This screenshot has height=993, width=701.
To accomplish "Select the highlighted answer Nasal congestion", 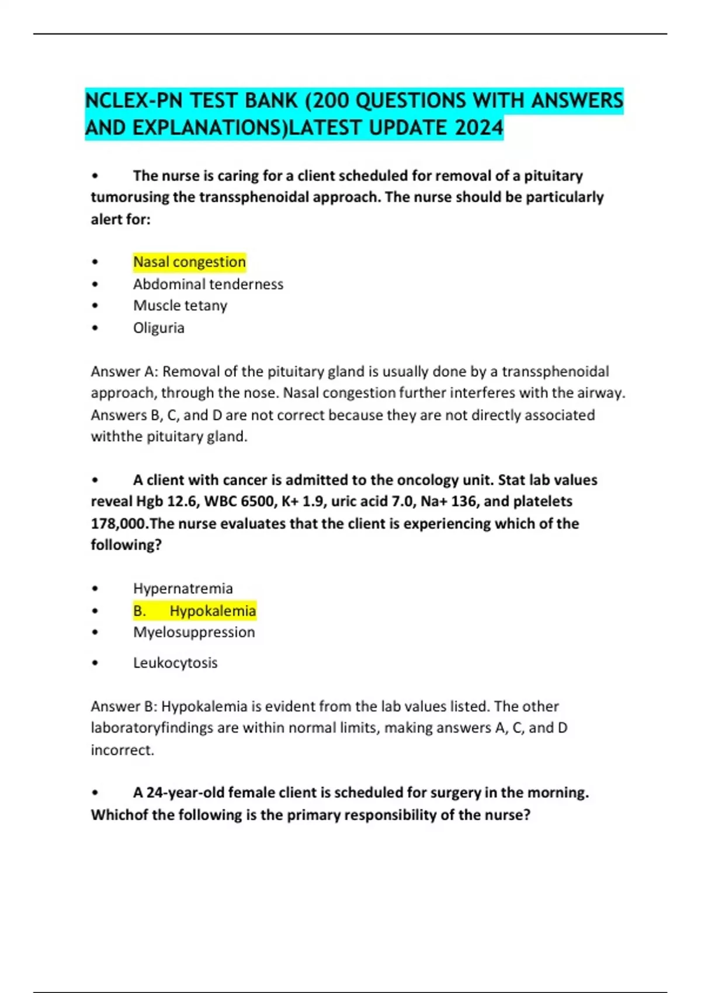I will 189,262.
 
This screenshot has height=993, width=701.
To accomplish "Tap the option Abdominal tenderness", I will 208,284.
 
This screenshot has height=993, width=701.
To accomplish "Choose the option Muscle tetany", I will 180,305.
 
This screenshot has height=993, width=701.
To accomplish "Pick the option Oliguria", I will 159,328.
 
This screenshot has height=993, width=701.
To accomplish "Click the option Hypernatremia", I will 183,588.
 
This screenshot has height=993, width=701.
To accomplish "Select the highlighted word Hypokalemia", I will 213,610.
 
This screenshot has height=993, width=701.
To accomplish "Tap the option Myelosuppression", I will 194,632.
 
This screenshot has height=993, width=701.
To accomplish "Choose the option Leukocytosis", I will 175,663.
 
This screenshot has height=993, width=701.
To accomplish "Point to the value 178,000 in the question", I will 117,523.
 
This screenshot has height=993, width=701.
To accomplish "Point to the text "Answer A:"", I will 123,371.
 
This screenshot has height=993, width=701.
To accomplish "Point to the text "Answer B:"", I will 123,706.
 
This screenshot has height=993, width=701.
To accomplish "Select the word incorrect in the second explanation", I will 122,750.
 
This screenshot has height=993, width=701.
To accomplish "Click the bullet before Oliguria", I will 95,328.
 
